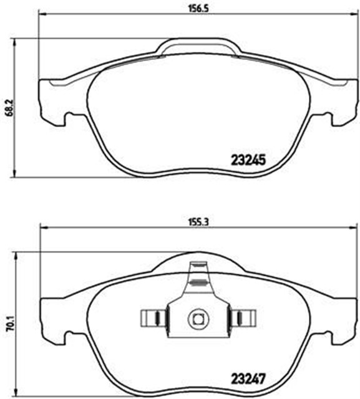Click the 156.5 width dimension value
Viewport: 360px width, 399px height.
click(x=196, y=6)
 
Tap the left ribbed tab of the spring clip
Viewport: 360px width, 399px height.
click(x=152, y=318)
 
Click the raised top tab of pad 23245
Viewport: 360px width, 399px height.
click(x=198, y=47)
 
